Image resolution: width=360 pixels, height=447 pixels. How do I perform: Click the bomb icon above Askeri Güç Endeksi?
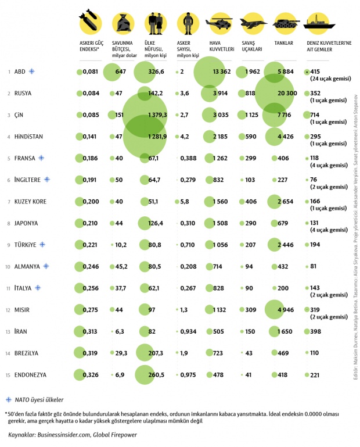pyautogui.click(x=90, y=21)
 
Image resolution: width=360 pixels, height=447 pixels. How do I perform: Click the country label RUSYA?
pyautogui.click(x=24, y=93)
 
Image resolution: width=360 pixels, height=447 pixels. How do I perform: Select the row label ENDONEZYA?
pyautogui.click(x=32, y=375)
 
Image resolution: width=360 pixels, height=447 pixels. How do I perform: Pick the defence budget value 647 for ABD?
pyautogui.click(x=121, y=71)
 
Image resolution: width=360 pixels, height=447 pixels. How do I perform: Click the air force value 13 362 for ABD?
pyautogui.click(x=222, y=71)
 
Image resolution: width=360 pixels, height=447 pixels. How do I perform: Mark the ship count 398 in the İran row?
pyautogui.click(x=316, y=331)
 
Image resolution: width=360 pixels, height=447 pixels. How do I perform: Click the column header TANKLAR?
pyautogui.click(x=283, y=43)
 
